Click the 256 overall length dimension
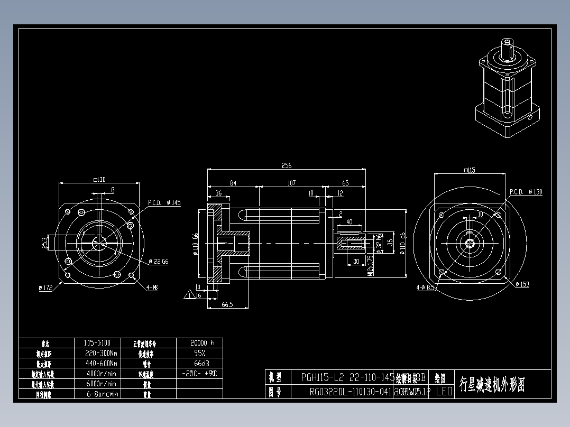286,165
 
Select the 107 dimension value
291,183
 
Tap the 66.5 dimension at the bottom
227,305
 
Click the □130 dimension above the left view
99,180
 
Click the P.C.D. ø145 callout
164,202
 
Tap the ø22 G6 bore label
159,261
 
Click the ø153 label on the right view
522,284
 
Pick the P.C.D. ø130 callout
526,192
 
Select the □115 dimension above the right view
468,170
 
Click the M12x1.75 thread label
370,263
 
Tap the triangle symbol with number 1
189,295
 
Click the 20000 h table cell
199,342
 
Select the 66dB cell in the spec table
199,363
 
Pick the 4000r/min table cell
101,373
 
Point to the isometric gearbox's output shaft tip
508,41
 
